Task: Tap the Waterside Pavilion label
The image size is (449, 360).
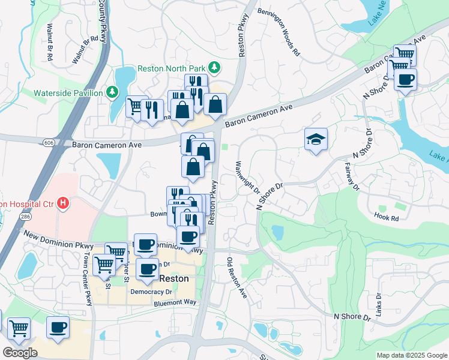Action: pos(68,92)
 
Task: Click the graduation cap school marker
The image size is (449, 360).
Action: pos(316,139)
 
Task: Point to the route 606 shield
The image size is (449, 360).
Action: pos(48,142)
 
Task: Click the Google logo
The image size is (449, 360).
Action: pos(20,352)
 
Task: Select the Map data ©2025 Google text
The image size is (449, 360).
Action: pos(411,355)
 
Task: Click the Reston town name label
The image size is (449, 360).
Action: pos(174,279)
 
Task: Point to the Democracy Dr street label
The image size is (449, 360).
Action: pos(152,291)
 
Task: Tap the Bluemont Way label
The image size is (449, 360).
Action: pos(175,303)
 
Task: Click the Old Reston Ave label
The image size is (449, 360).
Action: pos(237,278)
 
